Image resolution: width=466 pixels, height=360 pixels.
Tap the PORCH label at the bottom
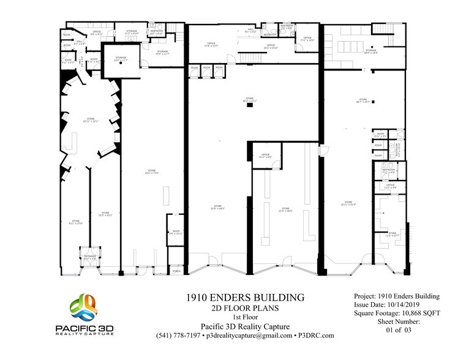click(176, 270)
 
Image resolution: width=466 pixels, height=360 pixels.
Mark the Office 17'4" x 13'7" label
click(211, 44)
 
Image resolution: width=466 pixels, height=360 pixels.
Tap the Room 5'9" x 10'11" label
click(176, 232)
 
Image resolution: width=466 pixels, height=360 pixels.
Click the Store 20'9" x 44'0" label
click(218, 207)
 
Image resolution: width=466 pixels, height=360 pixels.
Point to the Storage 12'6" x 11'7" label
click(121, 59)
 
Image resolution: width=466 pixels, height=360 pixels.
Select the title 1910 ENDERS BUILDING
click(246, 298)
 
